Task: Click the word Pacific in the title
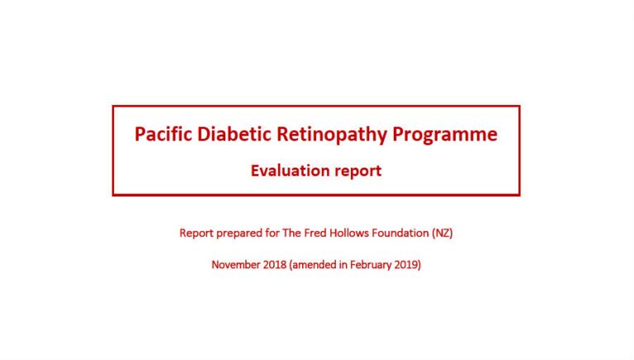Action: (x=163, y=134)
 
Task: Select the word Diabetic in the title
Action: (x=234, y=134)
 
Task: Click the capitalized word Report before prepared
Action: (x=196, y=234)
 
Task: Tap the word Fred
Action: (x=315, y=233)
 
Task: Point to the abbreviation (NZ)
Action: (x=442, y=234)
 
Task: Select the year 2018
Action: (x=275, y=265)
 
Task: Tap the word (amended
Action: (x=313, y=265)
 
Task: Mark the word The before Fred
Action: (x=291, y=233)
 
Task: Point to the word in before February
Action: (x=343, y=265)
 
